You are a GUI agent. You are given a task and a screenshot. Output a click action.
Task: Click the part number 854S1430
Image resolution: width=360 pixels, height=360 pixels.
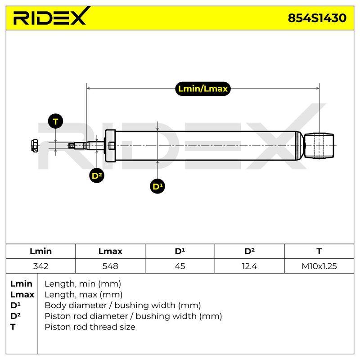tap(317, 18)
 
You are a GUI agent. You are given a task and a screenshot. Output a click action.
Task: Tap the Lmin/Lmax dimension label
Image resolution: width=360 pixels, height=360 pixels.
tap(203, 89)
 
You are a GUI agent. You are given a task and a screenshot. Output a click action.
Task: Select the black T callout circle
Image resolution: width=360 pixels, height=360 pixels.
tap(55, 121)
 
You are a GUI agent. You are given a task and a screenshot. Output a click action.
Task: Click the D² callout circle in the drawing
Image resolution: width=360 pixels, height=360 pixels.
tap(97, 175)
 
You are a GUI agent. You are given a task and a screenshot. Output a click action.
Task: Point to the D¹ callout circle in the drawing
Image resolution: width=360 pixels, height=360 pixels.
tap(157, 186)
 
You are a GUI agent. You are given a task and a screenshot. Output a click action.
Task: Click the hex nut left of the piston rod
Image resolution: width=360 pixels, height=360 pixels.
tap(35, 145)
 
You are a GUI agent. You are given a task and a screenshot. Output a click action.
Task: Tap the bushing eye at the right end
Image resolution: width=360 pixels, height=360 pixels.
tap(319, 145)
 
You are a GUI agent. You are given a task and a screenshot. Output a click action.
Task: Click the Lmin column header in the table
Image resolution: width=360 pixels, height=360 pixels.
tap(40, 251)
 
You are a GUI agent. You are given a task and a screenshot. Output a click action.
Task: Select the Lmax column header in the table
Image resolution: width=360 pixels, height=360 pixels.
tap(110, 251)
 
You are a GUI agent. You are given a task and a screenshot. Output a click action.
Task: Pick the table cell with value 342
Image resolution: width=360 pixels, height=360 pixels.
tap(40, 266)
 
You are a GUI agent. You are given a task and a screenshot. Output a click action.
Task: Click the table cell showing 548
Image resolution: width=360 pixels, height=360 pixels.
tap(110, 266)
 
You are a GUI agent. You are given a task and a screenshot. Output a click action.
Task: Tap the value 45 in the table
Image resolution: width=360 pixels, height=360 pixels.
tap(180, 266)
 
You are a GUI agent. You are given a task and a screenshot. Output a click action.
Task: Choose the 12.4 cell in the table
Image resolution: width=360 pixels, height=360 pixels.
tap(249, 266)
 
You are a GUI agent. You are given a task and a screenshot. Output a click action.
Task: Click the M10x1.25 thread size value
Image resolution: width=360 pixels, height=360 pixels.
tap(319, 266)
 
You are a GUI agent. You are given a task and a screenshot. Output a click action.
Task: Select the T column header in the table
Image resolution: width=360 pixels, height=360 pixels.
tap(319, 251)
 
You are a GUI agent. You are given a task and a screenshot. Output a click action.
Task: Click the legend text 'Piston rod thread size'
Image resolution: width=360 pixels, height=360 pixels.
tap(90, 327)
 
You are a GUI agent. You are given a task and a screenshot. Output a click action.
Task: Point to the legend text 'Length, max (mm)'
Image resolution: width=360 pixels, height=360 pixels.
tap(84, 295)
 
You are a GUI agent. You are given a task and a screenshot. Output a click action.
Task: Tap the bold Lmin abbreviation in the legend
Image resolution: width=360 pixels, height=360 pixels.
tap(21, 284)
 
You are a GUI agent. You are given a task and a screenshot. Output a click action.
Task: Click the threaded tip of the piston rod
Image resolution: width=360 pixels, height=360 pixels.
tap(72, 145)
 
